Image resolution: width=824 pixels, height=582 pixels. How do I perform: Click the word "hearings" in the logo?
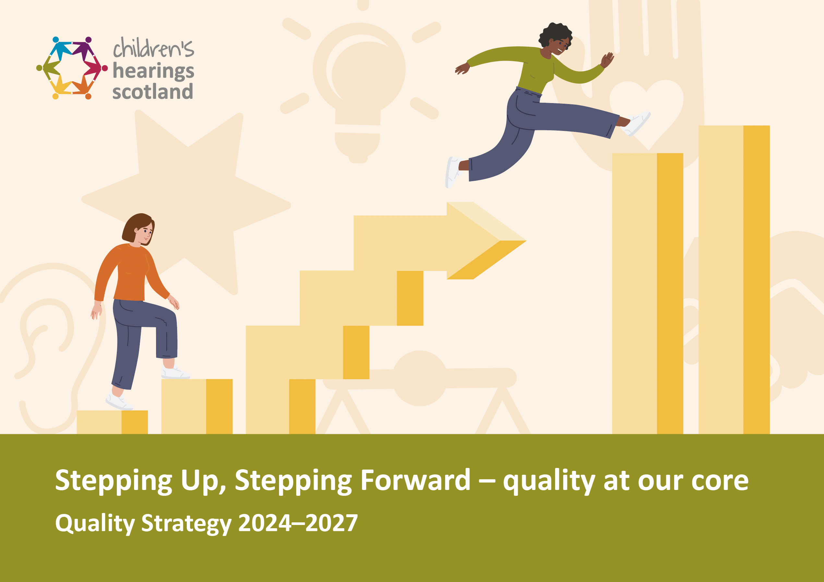pyautogui.click(x=153, y=71)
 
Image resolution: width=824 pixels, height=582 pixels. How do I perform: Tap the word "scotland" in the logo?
pyautogui.click(x=152, y=92)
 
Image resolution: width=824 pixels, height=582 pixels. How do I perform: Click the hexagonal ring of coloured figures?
pyautogui.click(x=72, y=68)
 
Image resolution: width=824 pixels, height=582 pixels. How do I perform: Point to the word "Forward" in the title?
pyautogui.click(x=415, y=480)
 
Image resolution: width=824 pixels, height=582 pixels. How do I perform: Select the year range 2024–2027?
pyautogui.click(x=298, y=523)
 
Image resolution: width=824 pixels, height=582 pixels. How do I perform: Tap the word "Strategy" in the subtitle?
pyautogui.click(x=186, y=524)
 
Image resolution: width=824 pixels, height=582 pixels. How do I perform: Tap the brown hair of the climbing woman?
pyautogui.click(x=135, y=226)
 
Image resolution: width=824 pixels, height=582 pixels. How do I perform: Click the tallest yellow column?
pyautogui.click(x=734, y=280)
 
